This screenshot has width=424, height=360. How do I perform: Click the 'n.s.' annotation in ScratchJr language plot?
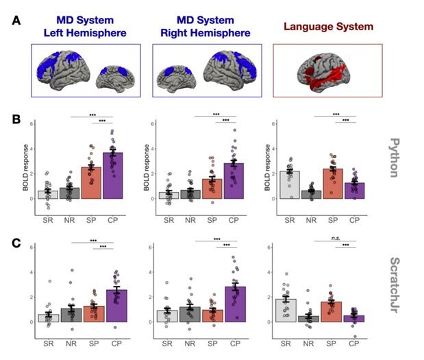tap(336, 241)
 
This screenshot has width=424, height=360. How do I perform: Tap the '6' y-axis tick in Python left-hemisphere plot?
tap(25, 124)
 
